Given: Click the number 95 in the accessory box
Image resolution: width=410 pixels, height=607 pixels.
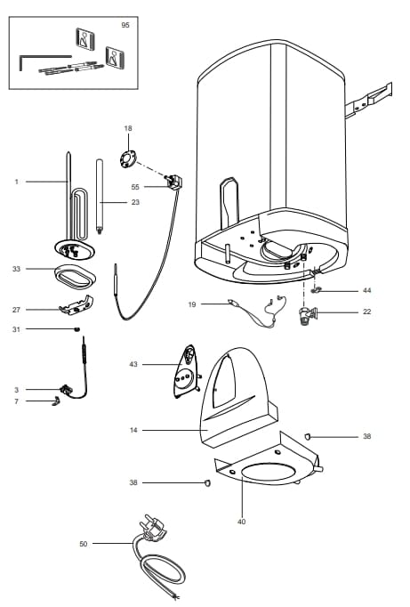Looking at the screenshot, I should pos(125,26).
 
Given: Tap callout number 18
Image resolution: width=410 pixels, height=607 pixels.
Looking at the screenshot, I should pos(127,129).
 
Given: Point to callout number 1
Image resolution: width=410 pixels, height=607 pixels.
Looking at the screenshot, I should pos(16,182).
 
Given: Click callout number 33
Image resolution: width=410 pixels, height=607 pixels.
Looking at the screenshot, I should pos(16,267).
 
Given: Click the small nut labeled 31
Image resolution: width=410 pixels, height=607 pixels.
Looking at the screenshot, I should pos(76,330).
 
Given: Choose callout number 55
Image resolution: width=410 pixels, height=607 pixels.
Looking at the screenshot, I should pos(135,187).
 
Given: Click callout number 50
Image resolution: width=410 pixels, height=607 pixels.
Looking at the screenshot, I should pos(84,543).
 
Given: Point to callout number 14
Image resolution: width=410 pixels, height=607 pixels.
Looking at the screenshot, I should pos(133,431).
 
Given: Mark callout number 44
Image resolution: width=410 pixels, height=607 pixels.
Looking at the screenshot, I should pos(366,291).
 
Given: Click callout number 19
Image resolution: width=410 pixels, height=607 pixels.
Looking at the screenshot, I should pos(191,304).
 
